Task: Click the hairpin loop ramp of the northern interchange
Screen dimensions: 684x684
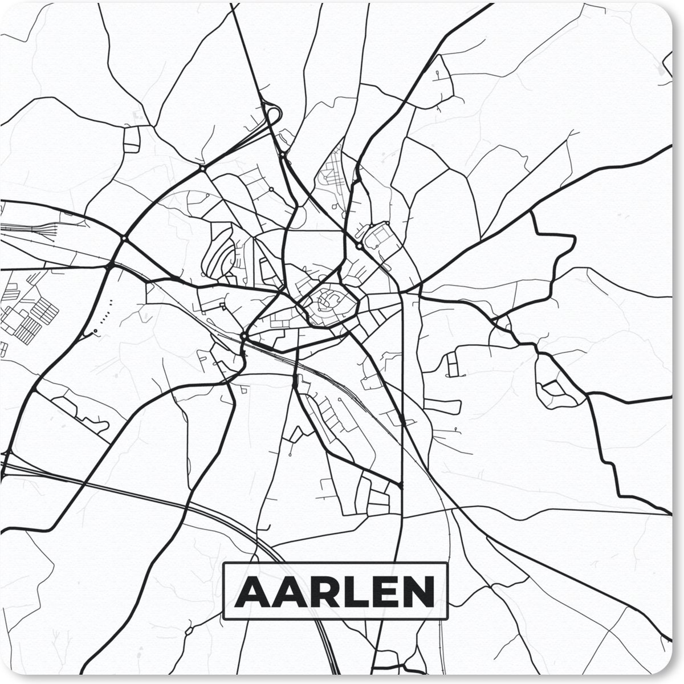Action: [x=272, y=114]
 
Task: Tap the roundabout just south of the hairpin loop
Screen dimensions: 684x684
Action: [x=282, y=154]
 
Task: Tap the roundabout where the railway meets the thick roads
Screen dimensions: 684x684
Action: [x=243, y=336]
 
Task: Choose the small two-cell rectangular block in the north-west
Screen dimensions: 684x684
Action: [x=132, y=139]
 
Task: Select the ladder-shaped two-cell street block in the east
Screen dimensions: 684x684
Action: [x=454, y=364]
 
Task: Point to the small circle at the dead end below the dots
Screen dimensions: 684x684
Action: [x=95, y=331]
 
